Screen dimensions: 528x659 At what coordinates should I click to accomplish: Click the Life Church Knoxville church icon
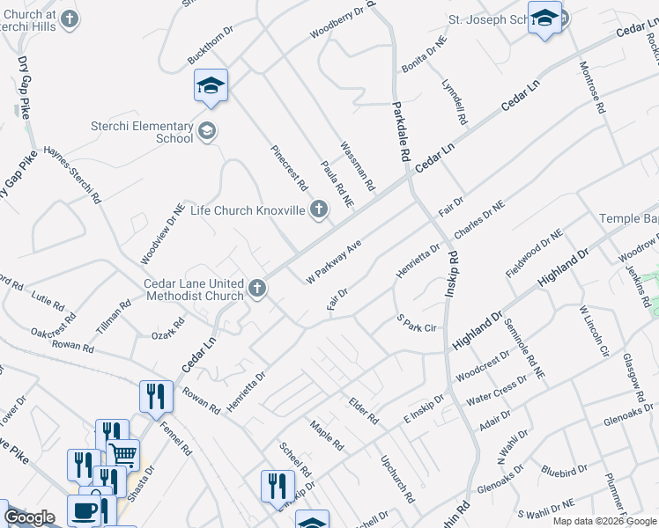point(319,209)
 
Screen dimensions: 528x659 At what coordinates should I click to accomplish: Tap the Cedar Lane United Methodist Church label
point(194,290)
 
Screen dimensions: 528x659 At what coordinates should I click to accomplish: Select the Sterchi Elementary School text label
point(142,132)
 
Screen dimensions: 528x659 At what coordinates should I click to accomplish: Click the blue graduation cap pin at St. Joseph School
point(544,18)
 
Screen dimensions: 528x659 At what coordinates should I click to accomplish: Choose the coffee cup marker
point(85,510)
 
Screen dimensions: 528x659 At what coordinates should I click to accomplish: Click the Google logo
point(29,517)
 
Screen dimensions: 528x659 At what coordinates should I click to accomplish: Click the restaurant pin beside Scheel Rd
point(277,486)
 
